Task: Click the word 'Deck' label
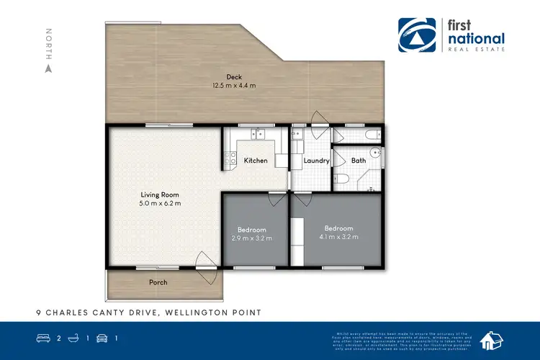click(233, 77)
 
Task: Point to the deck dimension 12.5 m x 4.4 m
click(233, 86)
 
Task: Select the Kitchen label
click(256, 161)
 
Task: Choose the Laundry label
click(316, 161)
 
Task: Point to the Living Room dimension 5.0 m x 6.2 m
click(160, 204)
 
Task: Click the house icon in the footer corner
click(495, 339)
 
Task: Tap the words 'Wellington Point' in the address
click(212, 312)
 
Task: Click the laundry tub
click(296, 134)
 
